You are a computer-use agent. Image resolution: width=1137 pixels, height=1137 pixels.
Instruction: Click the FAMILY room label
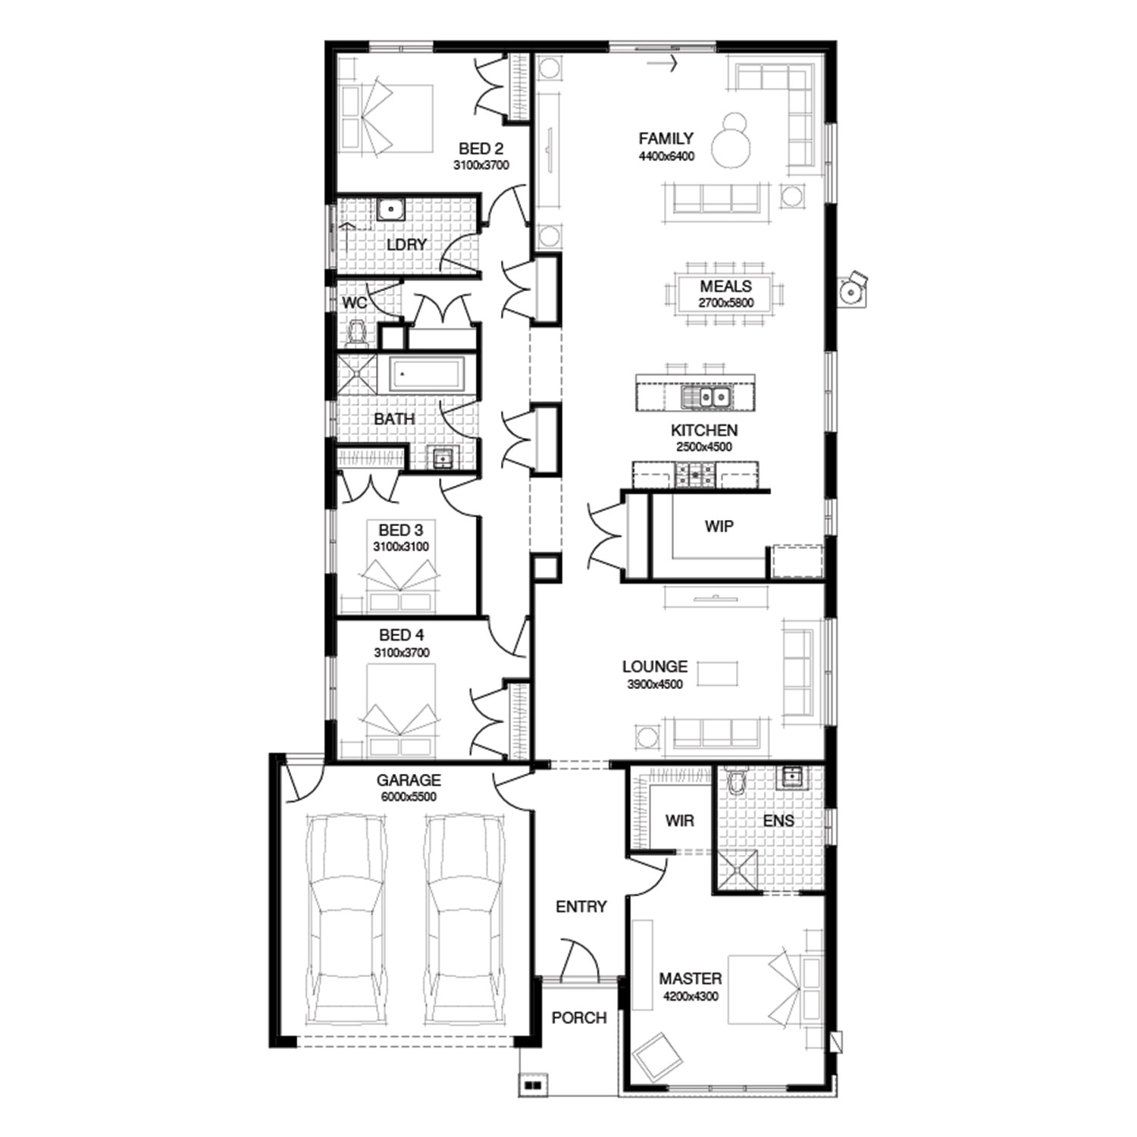[666, 139]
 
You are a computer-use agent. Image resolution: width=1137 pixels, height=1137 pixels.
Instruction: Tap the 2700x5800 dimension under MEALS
[726, 302]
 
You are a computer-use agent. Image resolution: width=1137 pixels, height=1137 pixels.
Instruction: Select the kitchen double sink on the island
[705, 396]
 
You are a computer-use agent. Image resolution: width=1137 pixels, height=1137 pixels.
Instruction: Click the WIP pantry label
[719, 526]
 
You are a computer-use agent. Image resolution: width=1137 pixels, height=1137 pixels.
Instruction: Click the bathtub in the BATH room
[425, 375]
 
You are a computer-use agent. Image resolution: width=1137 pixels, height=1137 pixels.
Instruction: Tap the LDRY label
[406, 245]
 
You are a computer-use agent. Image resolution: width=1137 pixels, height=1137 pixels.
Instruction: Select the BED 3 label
[401, 530]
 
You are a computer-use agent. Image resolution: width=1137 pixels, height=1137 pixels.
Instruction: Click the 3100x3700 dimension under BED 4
[402, 653]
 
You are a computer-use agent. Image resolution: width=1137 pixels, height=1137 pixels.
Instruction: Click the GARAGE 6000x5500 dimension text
[409, 797]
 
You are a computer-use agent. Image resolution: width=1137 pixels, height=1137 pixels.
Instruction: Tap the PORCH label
[579, 1018]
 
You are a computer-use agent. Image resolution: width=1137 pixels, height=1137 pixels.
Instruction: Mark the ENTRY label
[581, 907]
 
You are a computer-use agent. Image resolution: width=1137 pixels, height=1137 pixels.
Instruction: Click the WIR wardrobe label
[679, 820]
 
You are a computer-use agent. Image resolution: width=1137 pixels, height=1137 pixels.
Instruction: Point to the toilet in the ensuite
[735, 781]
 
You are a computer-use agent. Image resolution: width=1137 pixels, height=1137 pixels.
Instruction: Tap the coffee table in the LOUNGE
[717, 674]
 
